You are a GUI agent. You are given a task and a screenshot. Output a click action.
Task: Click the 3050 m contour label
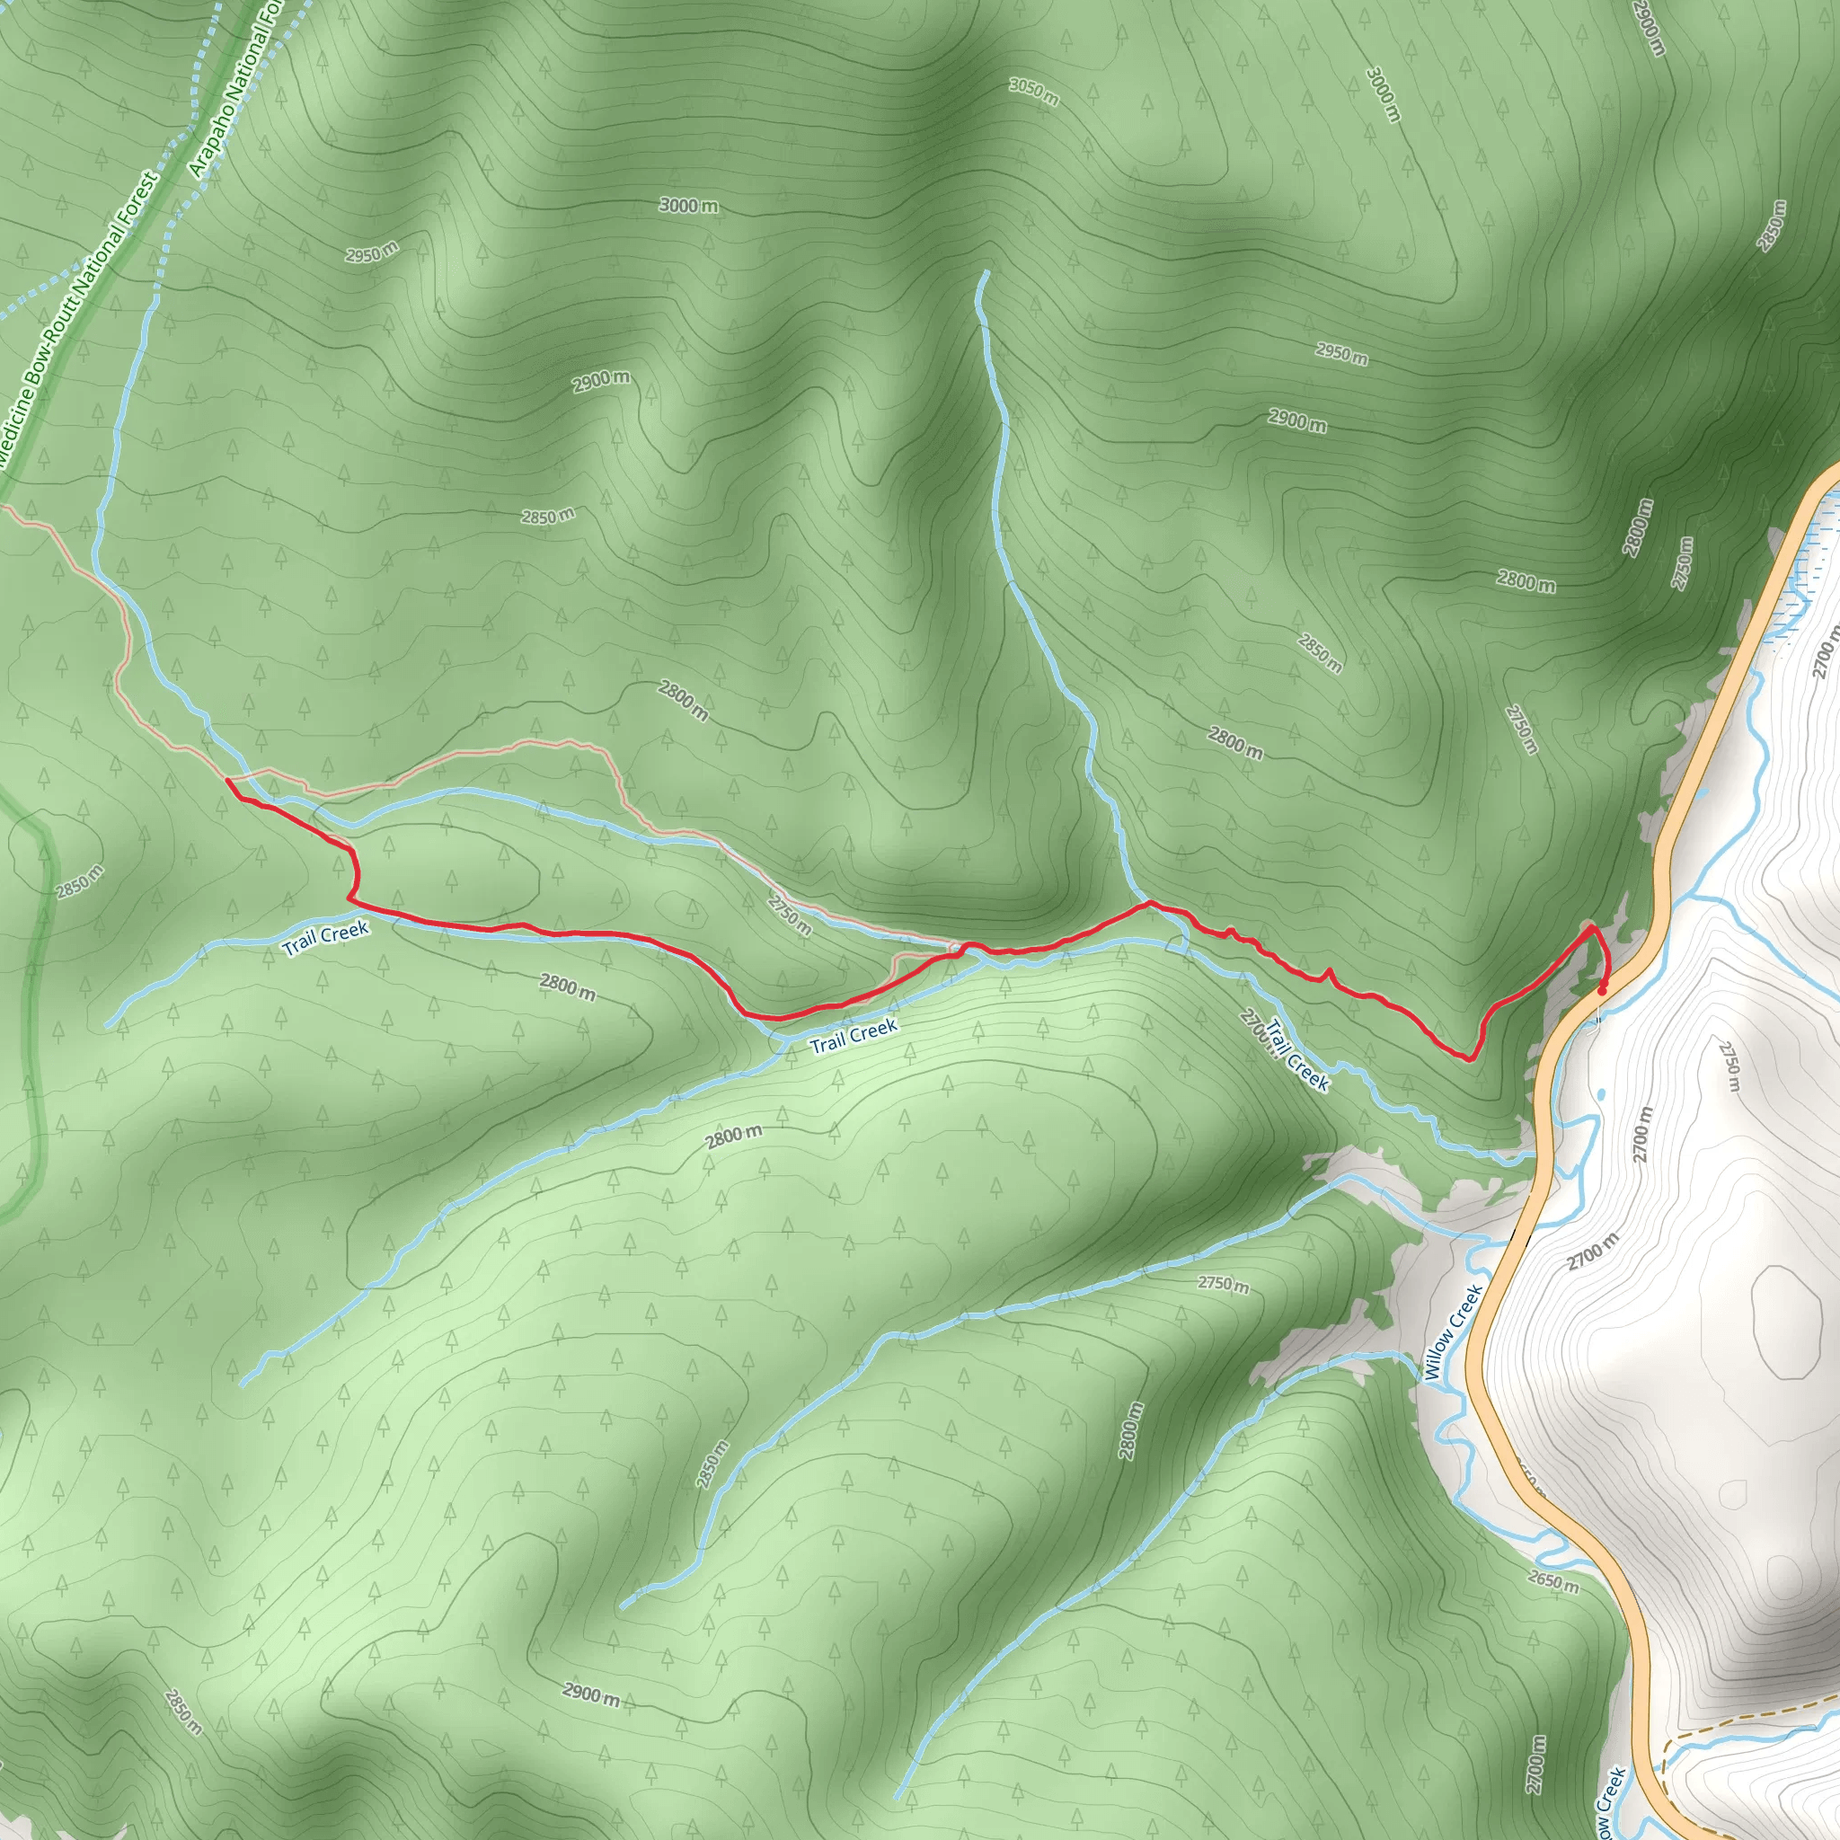1033,92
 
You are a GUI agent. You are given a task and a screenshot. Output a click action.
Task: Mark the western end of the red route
227,780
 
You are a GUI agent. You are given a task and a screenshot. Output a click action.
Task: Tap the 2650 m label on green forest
1553,1581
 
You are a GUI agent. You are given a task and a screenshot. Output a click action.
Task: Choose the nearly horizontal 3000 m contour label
688,205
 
